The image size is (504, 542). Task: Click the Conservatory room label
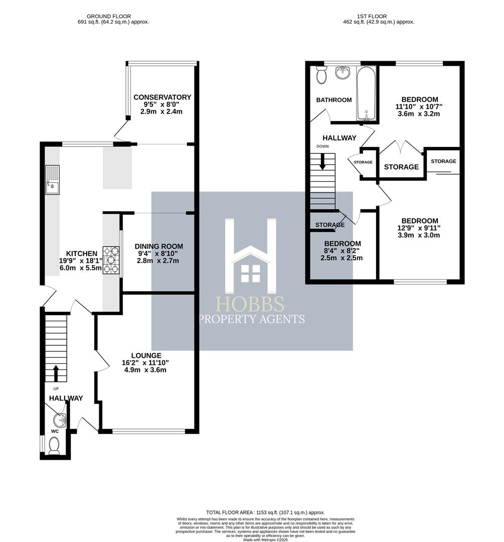click(x=162, y=97)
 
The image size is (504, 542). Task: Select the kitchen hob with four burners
click(x=111, y=260)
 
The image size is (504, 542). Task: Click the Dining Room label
click(x=158, y=246)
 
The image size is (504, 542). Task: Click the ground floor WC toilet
click(x=54, y=445)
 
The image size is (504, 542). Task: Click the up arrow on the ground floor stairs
click(x=56, y=373)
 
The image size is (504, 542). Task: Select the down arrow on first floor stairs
click(x=322, y=161)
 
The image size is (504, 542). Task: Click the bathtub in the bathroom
click(x=367, y=94)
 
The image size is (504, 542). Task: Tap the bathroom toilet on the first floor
click(x=321, y=75)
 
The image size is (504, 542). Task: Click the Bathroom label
click(x=333, y=100)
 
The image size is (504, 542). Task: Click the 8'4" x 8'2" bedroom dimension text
click(x=342, y=251)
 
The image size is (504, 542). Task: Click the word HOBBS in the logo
click(x=250, y=304)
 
